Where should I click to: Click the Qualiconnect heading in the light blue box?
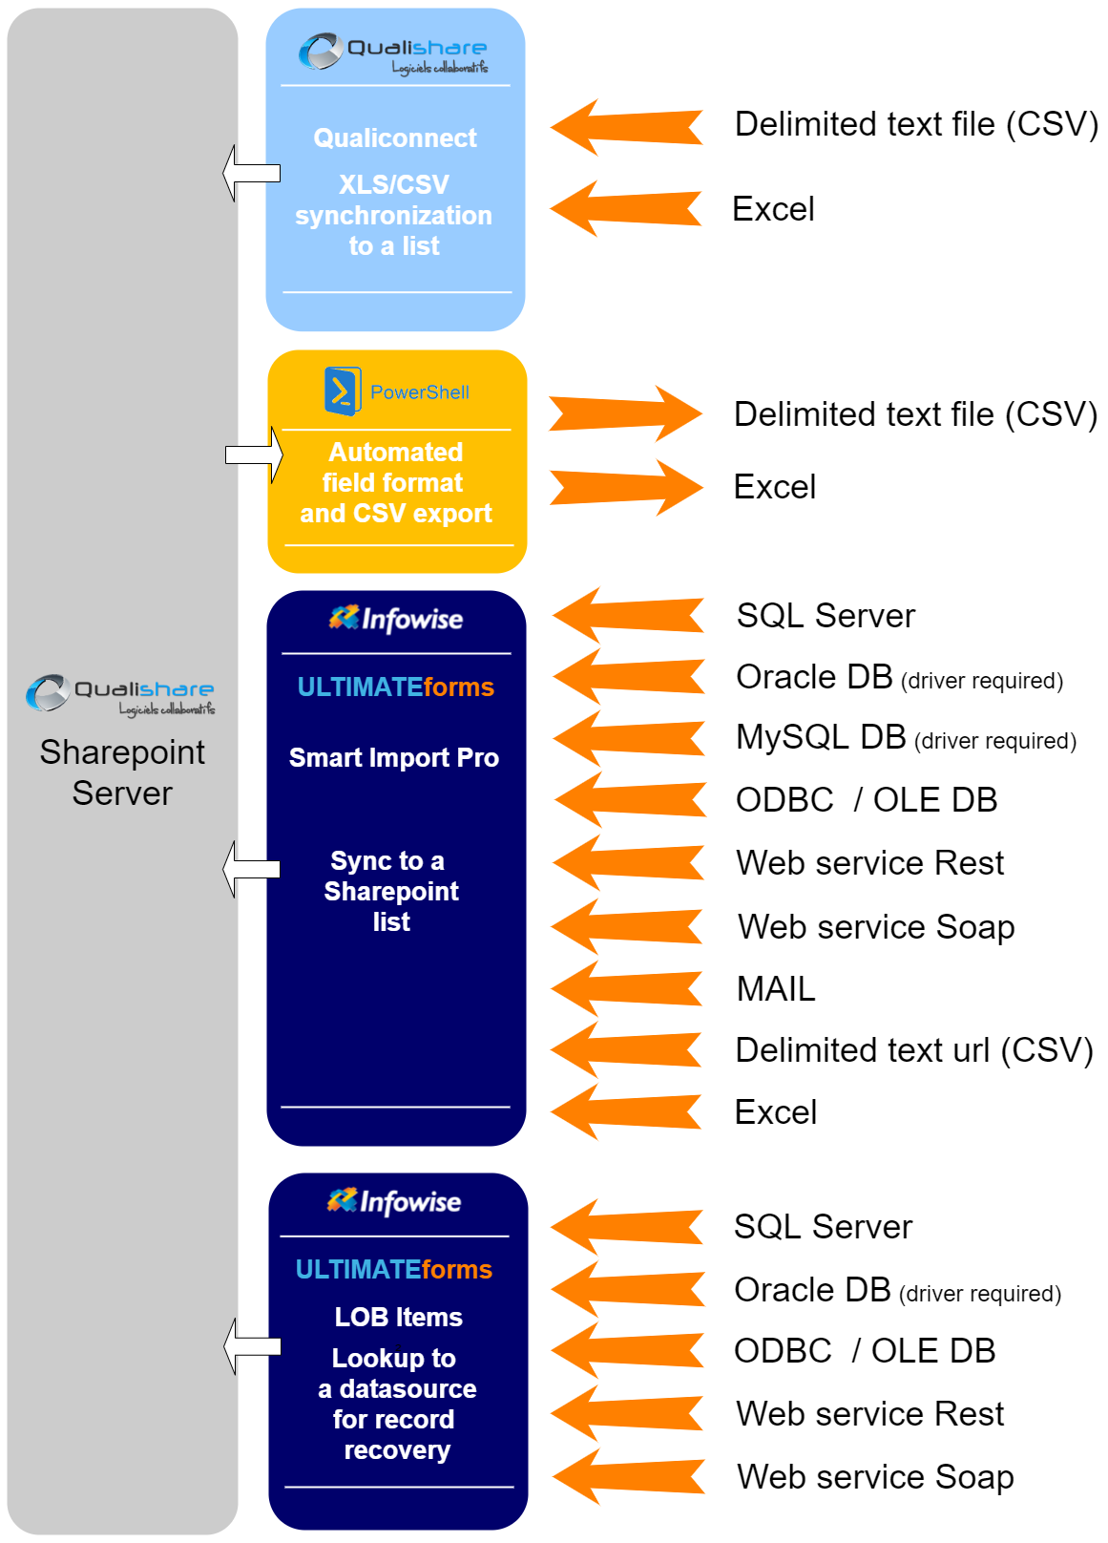click(x=394, y=138)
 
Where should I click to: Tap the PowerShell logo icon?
click(x=342, y=391)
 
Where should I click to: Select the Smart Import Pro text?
click(x=393, y=758)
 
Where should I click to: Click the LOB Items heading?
click(x=398, y=1318)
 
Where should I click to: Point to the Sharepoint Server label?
click(x=122, y=772)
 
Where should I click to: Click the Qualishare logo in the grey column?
click(x=120, y=693)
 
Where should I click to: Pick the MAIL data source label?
click(x=776, y=989)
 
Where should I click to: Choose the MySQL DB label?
click(x=821, y=737)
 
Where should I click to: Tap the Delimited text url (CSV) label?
click(x=913, y=1050)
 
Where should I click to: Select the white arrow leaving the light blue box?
click(x=250, y=173)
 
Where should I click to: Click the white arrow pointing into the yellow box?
click(x=254, y=454)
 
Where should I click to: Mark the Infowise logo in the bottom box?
click(x=394, y=1201)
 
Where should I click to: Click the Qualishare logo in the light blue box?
click(x=393, y=53)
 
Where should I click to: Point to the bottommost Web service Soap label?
click(x=874, y=1477)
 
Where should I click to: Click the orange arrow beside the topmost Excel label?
click(x=626, y=208)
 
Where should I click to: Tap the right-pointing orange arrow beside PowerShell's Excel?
click(x=626, y=487)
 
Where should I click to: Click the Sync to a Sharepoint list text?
click(x=391, y=892)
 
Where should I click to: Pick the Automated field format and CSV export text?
click(x=396, y=483)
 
